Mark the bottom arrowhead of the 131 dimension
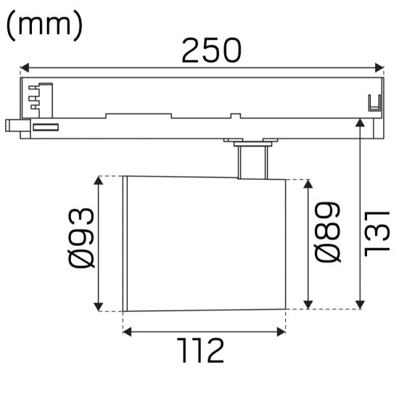tap(361, 304)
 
